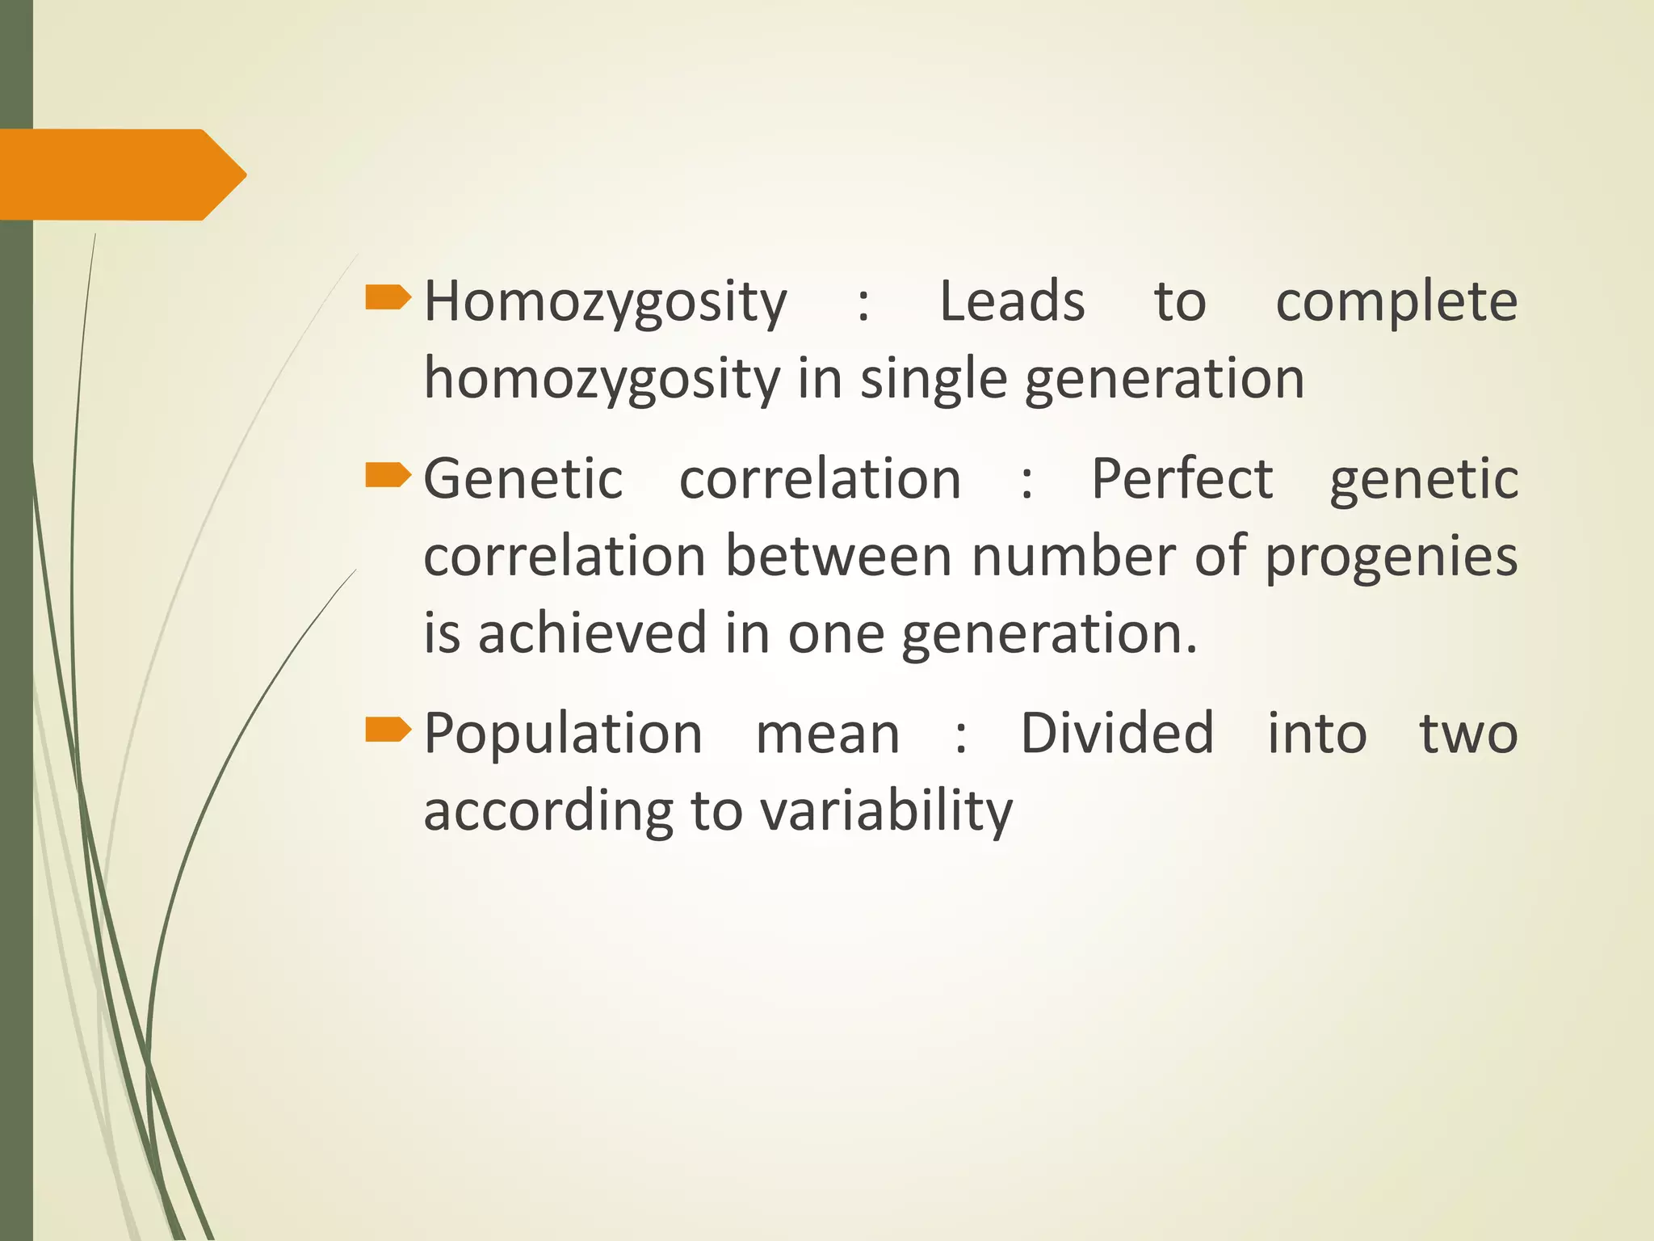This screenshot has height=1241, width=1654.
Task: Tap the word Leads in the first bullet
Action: point(1012,301)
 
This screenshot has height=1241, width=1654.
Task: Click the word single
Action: point(933,379)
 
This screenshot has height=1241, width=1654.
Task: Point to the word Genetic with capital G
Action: point(523,478)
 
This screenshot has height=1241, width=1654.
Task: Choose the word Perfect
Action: point(1182,478)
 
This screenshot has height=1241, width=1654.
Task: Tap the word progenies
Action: point(1391,557)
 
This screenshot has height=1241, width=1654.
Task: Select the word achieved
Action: point(593,633)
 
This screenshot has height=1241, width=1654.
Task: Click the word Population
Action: point(563,734)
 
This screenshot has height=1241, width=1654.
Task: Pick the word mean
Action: point(827,734)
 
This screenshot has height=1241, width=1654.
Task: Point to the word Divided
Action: point(1117,733)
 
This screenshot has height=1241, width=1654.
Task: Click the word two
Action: point(1468,734)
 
